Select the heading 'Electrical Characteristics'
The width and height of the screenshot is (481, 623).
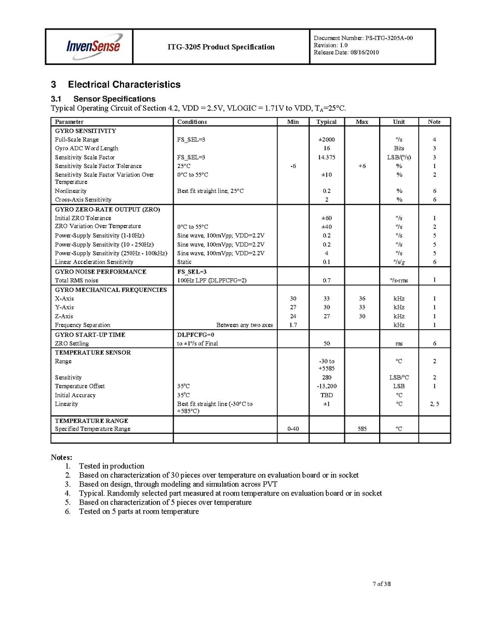[124, 85]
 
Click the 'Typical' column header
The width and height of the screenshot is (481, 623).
[326, 122]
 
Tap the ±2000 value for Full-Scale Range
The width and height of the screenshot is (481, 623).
[327, 139]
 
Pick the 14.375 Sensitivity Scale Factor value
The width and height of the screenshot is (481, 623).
[326, 157]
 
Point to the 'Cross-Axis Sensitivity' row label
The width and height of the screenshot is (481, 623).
[83, 200]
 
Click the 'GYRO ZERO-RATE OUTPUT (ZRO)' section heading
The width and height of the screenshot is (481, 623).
[108, 209]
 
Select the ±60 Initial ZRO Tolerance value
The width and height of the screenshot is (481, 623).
[326, 218]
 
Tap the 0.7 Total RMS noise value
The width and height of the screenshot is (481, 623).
[327, 281]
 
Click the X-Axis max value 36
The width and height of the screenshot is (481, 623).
[362, 298]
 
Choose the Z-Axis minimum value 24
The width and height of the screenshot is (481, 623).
[293, 316]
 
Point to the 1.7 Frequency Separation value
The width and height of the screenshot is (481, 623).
[293, 325]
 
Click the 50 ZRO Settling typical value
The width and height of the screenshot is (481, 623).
[327, 344]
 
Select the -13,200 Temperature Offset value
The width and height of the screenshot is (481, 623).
[327, 386]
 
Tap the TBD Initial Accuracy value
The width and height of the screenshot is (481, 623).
[327, 395]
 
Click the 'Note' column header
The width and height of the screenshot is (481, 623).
[434, 122]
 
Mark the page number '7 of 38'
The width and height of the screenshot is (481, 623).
[382, 584]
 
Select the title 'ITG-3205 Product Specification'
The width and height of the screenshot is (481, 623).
[221, 47]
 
